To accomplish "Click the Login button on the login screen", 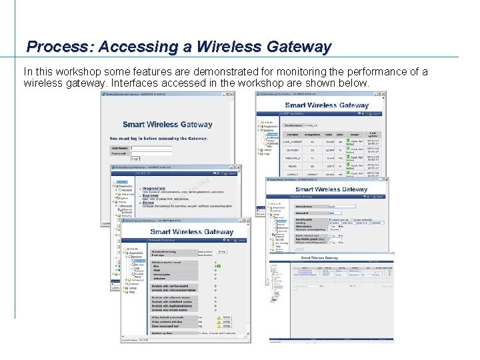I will pyautogui.click(x=135, y=158).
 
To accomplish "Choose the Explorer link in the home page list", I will pyautogui.click(x=155, y=196).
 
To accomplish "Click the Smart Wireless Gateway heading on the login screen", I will pyautogui.click(x=167, y=124).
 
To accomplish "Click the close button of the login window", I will pyautogui.click(x=231, y=95).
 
